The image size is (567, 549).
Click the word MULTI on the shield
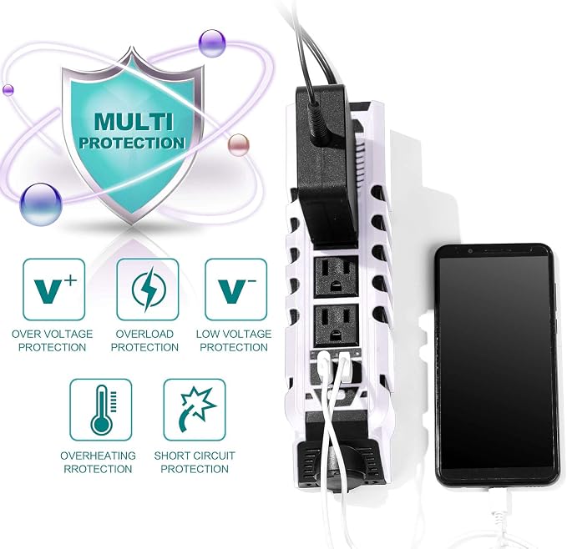pos(134,122)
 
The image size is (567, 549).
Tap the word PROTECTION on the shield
pos(132,143)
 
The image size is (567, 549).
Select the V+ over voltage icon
pos(54,290)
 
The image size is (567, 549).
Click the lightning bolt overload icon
pos(148,290)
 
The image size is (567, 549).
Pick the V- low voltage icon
pos(236,290)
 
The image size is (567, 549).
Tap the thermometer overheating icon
pos(101,410)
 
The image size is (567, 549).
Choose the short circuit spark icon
pos(195,410)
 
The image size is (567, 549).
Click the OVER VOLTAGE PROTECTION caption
pos(53,340)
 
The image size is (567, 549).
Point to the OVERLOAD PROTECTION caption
pos(144,340)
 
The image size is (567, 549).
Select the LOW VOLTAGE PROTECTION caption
pos(234,340)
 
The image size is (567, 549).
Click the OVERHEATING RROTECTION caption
pos(98,462)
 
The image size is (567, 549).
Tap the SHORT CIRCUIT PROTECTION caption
pos(195,462)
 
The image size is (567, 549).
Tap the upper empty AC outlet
pos(337,276)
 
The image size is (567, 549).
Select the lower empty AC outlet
pos(337,325)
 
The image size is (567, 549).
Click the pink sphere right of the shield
pos(239,145)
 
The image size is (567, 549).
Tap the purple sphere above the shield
pos(212,43)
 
